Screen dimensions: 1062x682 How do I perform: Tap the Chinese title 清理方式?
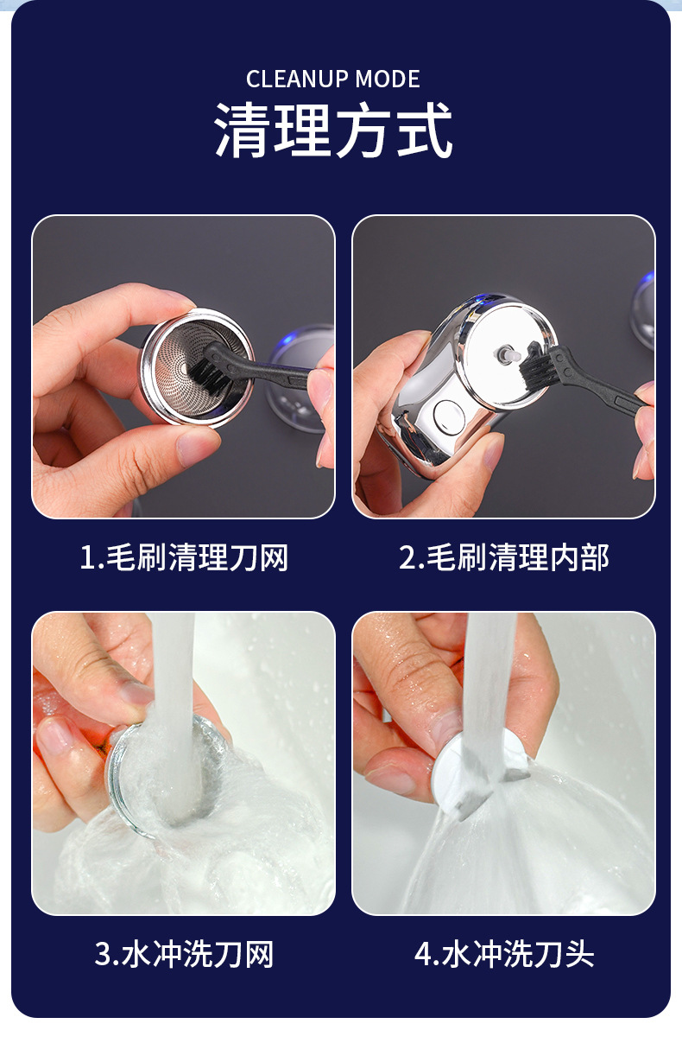pos(333,130)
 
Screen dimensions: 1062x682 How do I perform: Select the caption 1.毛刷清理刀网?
pos(184,557)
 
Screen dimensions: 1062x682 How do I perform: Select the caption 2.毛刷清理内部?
pos(503,557)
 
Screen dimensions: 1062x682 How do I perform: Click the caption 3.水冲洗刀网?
pos(184,955)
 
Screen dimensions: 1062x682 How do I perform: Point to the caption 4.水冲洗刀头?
pos(503,955)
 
